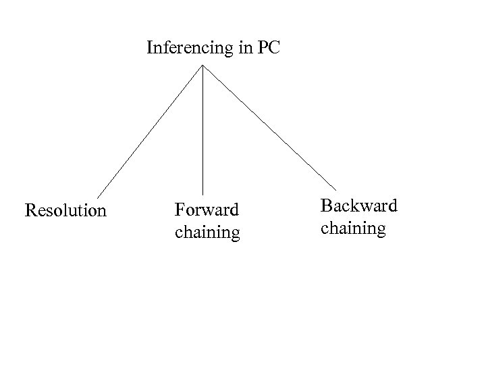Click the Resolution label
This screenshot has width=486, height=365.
click(65, 211)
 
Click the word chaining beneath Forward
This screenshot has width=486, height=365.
click(207, 233)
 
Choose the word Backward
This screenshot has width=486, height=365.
click(359, 205)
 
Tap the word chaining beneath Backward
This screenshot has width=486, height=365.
click(353, 228)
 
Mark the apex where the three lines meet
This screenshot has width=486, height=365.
click(203, 66)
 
